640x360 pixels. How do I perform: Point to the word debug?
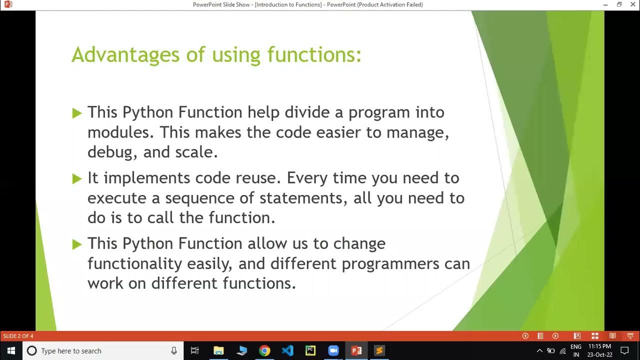(111, 152)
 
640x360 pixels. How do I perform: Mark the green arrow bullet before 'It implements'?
(76, 178)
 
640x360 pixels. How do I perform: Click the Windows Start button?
(11, 350)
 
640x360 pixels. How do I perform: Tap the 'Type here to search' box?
(100, 351)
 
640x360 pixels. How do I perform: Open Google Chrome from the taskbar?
(264, 350)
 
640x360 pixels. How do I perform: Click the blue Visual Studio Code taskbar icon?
(287, 350)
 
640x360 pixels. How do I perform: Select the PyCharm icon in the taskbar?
(310, 350)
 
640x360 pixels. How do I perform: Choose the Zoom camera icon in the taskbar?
(333, 350)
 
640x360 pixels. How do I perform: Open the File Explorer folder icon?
(218, 350)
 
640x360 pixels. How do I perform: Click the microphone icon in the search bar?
(174, 351)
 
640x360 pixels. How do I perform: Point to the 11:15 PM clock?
(599, 346)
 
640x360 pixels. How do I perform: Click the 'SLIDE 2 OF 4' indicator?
(18, 336)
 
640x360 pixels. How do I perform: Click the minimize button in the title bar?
(605, 4)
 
